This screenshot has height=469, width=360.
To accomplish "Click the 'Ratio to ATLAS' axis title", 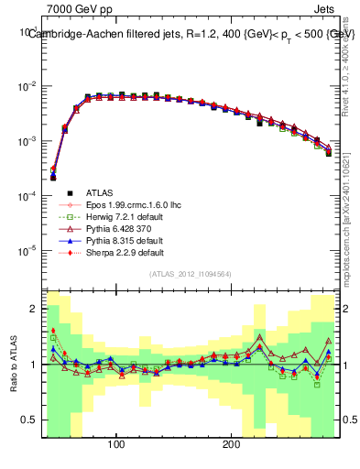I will pos(13,358).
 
